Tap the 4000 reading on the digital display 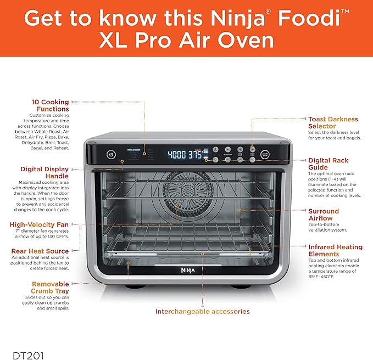[x=176, y=154]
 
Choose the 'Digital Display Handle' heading [x=44, y=173]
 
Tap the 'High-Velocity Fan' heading [x=39, y=224]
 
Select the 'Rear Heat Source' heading [x=39, y=251]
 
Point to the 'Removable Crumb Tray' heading [x=50, y=288]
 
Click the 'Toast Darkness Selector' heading [x=332, y=122]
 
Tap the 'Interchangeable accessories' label [x=202, y=311]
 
